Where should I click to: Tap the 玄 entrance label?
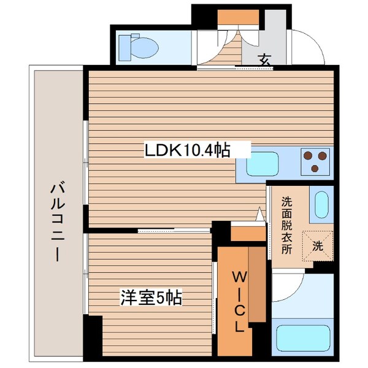pos(264,60)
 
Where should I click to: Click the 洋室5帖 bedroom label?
pos(150,297)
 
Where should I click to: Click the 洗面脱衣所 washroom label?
pos(286,224)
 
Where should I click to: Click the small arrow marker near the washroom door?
pos(260,215)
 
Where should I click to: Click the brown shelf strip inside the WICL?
pos(256,282)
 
